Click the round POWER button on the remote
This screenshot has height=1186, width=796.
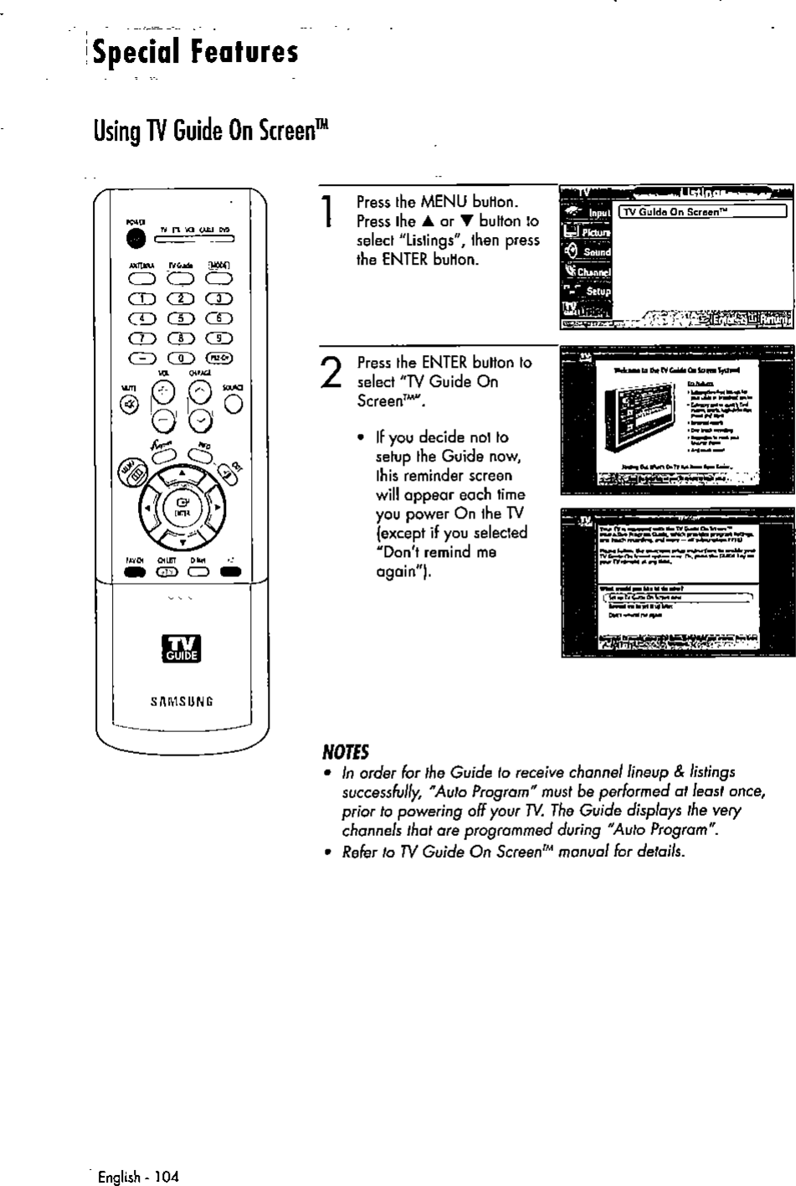point(135,239)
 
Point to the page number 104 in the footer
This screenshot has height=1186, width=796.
point(167,1177)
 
